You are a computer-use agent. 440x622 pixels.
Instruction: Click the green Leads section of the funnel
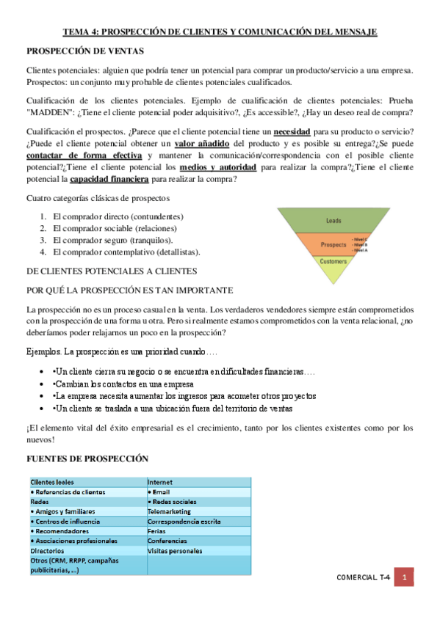pos(334,220)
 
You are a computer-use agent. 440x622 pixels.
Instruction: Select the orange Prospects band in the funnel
pos(334,244)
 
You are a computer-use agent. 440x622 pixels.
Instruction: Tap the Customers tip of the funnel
pos(334,261)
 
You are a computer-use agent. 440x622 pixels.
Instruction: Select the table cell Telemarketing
pos(170,511)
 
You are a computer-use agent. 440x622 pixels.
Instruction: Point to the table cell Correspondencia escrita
pos(184,521)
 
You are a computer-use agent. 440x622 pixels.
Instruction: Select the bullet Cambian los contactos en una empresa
pos(123,384)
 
